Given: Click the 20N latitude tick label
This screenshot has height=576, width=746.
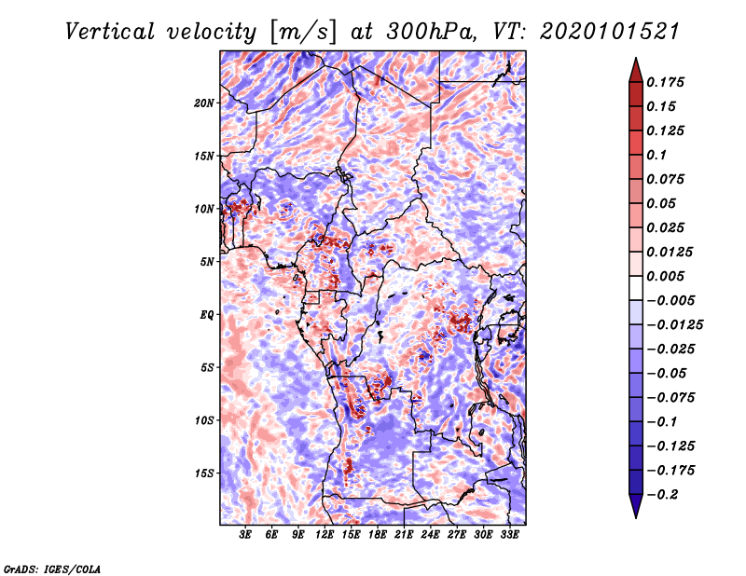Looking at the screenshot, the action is (203, 103).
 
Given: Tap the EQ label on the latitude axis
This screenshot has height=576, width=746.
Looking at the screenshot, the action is (207, 314).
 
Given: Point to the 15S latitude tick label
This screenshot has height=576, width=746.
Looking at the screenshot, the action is (203, 473).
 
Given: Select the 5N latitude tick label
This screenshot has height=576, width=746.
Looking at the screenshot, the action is (207, 262).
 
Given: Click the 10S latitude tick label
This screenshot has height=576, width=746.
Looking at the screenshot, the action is (203, 420).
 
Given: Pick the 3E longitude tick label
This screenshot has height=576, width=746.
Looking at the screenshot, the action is (245, 535).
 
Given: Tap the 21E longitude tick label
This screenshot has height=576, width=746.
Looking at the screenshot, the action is (404, 535).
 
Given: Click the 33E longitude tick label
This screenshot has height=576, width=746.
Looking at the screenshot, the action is (509, 535).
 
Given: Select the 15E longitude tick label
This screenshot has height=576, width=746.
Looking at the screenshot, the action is (351, 535).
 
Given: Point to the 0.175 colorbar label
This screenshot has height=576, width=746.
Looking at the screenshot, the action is (665, 82).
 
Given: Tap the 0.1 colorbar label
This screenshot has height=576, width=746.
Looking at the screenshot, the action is (656, 155).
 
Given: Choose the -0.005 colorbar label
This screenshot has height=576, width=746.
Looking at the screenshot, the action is (670, 301).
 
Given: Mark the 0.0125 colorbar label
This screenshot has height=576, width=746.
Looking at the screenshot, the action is (670, 252).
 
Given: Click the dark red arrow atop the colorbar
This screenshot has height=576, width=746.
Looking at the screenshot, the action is (636, 70).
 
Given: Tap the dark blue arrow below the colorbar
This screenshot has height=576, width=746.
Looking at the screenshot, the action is (636, 506).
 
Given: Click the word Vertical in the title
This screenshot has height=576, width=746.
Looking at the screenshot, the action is (110, 32).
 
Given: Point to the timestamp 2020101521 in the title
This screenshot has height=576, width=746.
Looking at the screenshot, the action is (610, 32).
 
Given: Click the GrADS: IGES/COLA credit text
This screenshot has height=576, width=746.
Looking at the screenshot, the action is (52, 569).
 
